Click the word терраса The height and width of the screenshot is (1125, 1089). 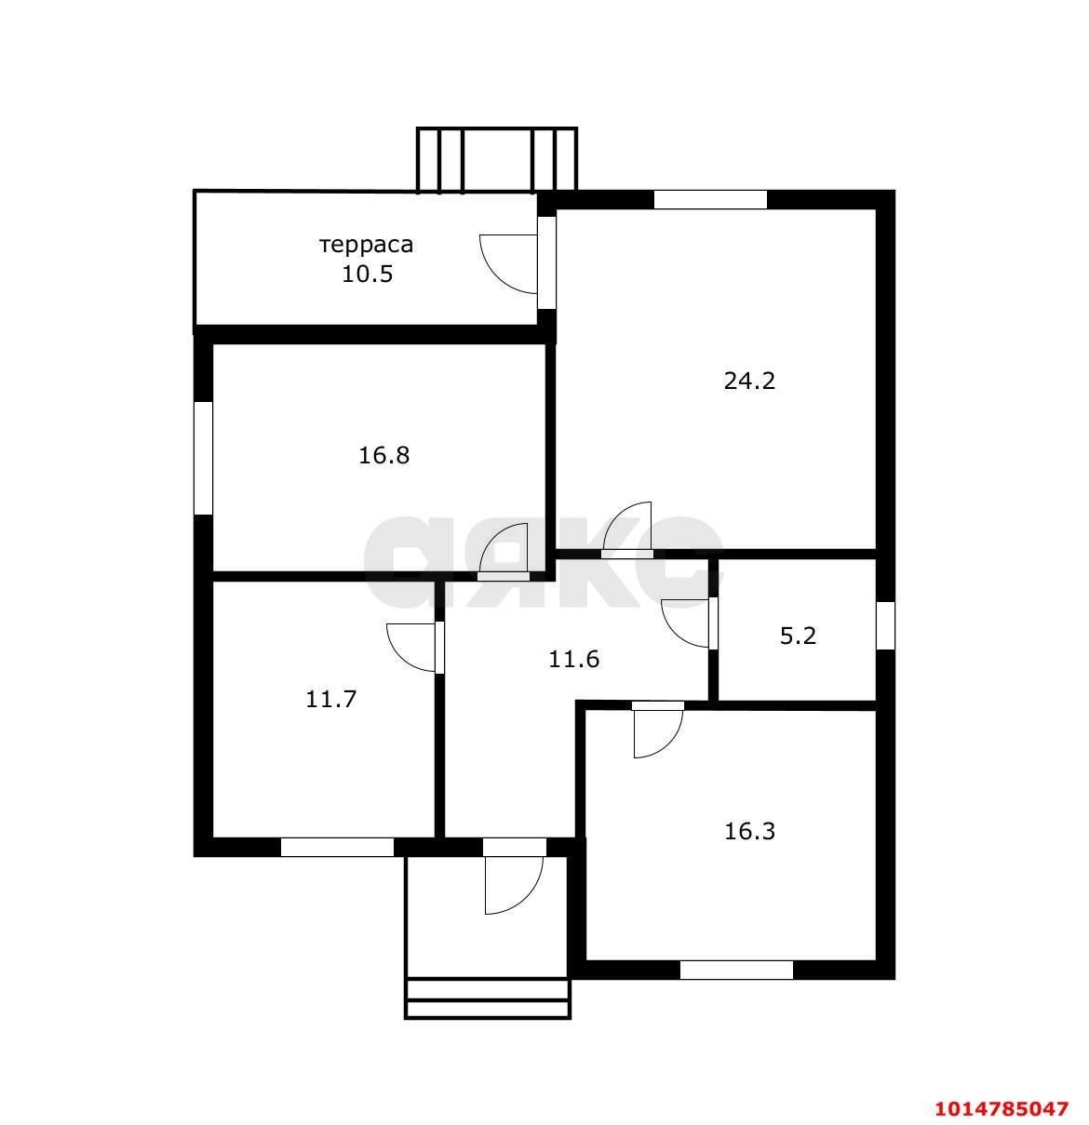(x=366, y=245)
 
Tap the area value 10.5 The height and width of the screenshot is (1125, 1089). (x=368, y=274)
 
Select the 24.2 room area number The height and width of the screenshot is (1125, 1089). (x=749, y=381)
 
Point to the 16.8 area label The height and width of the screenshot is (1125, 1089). (x=384, y=455)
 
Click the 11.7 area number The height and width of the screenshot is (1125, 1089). (x=330, y=699)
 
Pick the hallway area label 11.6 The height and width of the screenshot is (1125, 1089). (x=573, y=659)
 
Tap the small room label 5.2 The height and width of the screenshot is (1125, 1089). (x=798, y=636)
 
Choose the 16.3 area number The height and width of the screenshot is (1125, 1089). (x=749, y=831)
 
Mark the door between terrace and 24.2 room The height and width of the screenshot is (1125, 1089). (x=518, y=263)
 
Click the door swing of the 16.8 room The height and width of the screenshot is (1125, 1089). (x=504, y=550)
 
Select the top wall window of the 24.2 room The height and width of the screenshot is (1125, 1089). (x=710, y=199)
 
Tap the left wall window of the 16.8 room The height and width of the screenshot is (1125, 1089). (x=203, y=457)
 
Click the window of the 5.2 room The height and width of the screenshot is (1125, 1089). (x=885, y=625)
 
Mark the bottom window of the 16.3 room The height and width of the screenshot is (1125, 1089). (x=736, y=970)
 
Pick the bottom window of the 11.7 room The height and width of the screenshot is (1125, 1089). (x=337, y=847)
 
